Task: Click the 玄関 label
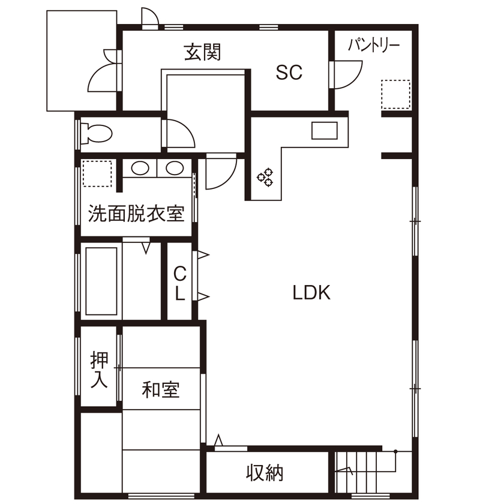point(202,53)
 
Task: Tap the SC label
point(289,73)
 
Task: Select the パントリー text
point(374,45)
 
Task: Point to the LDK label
point(311,293)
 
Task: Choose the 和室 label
point(161,390)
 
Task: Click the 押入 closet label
point(100,370)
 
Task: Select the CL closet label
point(179,283)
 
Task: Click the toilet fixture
point(96,133)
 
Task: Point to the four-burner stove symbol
point(265,176)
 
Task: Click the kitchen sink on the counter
point(326,130)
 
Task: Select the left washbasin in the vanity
point(140,169)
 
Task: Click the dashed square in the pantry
point(396,94)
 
